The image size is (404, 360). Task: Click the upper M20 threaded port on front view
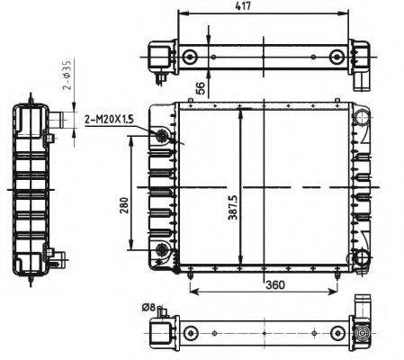[162, 136]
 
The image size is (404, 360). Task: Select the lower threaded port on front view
[162, 248]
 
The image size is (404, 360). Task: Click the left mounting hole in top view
[190, 57]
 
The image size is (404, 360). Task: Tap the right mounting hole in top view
[337, 57]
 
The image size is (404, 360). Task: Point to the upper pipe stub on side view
[59, 118]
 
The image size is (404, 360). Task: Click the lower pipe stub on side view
[58, 258]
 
